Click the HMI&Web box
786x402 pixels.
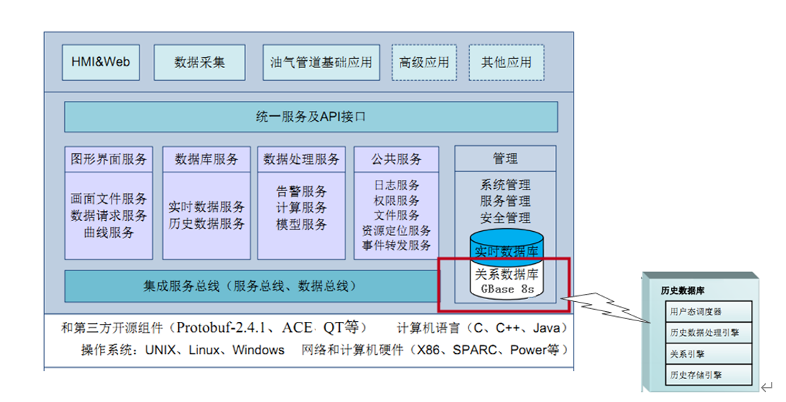[100, 62]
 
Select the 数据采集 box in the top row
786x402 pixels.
[200, 62]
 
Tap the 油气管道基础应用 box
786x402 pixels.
[321, 62]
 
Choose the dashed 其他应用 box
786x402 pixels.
[506, 62]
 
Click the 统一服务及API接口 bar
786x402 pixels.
[310, 117]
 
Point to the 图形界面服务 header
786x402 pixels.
[109, 159]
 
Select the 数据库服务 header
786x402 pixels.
[207, 159]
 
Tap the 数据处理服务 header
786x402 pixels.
[301, 159]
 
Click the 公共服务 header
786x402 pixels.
[396, 159]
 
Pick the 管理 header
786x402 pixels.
[505, 158]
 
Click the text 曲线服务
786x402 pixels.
[109, 232]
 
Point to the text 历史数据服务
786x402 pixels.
[207, 223]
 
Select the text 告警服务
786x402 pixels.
[301, 192]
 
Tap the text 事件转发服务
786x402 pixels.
[396, 245]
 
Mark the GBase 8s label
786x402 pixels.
[506, 290]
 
